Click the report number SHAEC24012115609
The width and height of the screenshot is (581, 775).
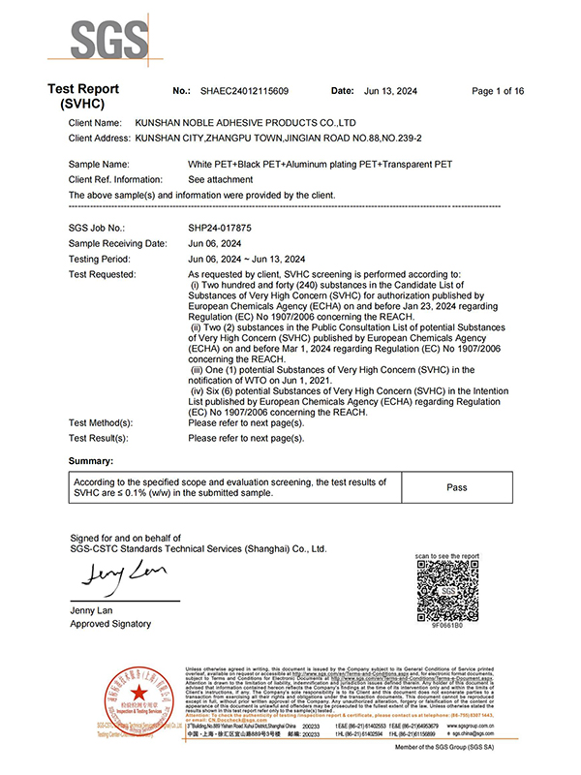(243, 91)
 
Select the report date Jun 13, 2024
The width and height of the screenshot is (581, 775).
(392, 91)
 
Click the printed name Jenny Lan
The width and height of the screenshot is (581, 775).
(93, 609)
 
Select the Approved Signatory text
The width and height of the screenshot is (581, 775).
(110, 624)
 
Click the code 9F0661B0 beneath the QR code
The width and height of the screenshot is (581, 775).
(447, 627)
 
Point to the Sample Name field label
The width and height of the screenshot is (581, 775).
(99, 165)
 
